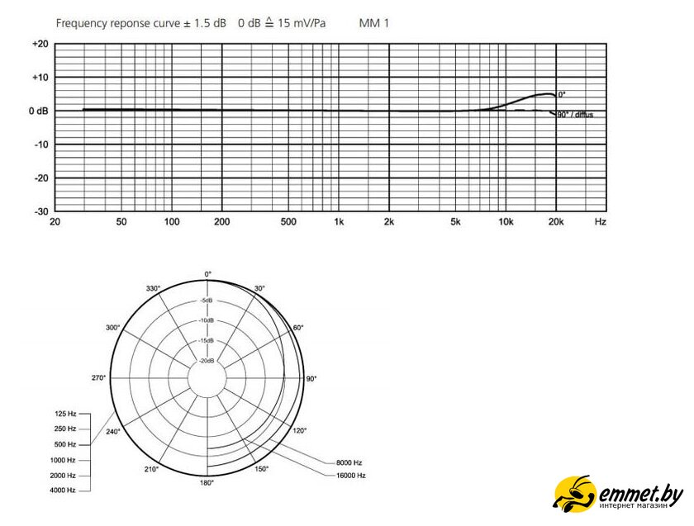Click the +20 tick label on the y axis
point(40,44)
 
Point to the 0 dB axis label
point(39,111)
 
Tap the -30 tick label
point(40,211)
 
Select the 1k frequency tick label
point(339,221)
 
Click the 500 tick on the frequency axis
point(288,221)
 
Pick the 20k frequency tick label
point(556,221)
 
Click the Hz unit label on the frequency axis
point(600,221)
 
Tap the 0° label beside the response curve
point(562,95)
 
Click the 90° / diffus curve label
point(575,115)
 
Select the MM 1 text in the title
point(374,23)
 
